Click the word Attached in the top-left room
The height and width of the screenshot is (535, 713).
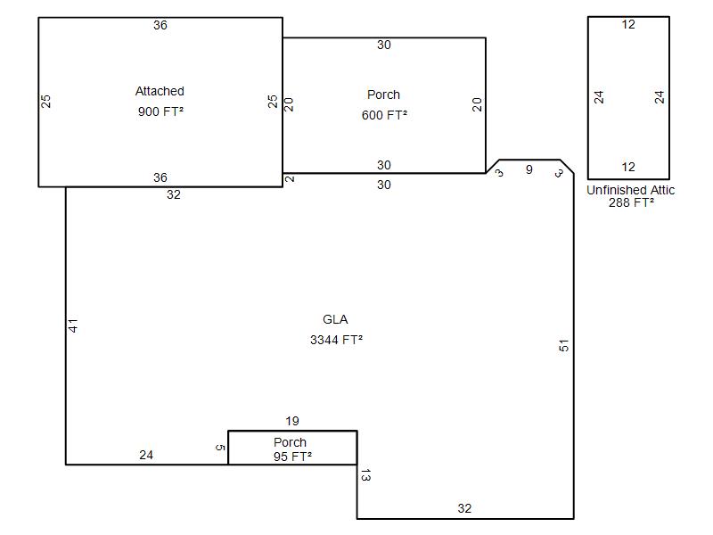pyautogui.click(x=160, y=91)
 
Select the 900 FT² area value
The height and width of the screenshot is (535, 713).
pyautogui.click(x=160, y=111)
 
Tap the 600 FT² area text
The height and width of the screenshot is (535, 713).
pyautogui.click(x=384, y=115)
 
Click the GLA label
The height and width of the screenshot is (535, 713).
pyautogui.click(x=335, y=319)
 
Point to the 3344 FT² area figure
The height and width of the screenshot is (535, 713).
pyautogui.click(x=337, y=340)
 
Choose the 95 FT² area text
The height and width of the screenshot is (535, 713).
pyautogui.click(x=293, y=457)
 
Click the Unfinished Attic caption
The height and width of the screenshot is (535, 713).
pyautogui.click(x=630, y=190)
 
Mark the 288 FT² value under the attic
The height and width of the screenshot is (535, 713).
pyautogui.click(x=631, y=202)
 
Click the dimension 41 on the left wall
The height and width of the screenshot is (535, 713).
pyautogui.click(x=73, y=325)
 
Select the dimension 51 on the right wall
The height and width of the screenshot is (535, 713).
pyautogui.click(x=564, y=346)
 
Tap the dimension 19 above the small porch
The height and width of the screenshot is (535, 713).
pyautogui.click(x=292, y=421)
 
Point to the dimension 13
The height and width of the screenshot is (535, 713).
pyautogui.click(x=365, y=475)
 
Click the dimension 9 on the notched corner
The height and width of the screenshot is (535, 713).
pyautogui.click(x=529, y=169)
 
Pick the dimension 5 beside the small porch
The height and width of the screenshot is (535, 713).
pyautogui.click(x=220, y=448)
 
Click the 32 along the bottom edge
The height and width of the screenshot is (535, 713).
pyautogui.click(x=464, y=508)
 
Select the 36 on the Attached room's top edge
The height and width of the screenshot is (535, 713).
pyautogui.click(x=160, y=26)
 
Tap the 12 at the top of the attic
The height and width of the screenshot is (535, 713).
pyautogui.click(x=628, y=25)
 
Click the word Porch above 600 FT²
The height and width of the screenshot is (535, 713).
pyautogui.click(x=383, y=95)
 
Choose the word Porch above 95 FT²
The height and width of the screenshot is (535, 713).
pyautogui.click(x=290, y=442)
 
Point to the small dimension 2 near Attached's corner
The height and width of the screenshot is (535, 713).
pyautogui.click(x=290, y=179)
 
